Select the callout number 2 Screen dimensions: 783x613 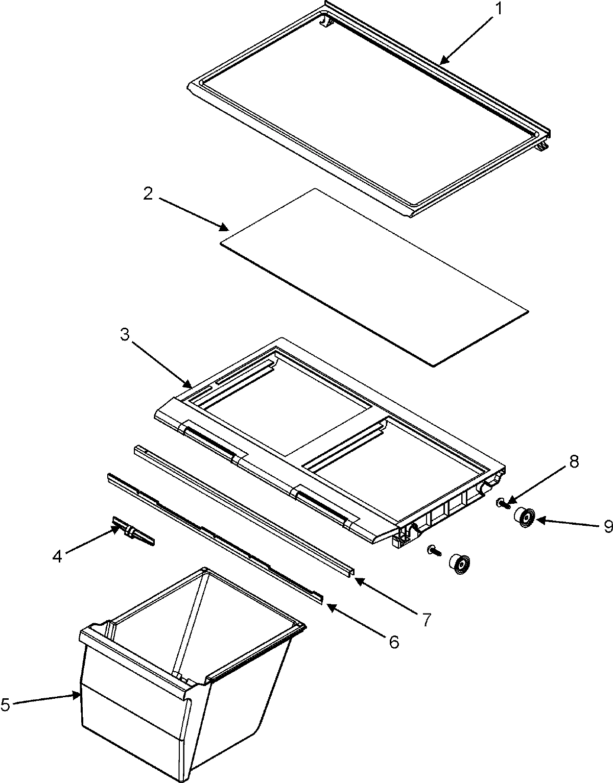(x=148, y=194)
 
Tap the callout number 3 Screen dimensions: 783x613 (x=125, y=335)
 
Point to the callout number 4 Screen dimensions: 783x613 (x=58, y=556)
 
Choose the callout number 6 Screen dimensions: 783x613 (x=394, y=642)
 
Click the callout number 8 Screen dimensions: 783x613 (x=574, y=461)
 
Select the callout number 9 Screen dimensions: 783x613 (x=608, y=526)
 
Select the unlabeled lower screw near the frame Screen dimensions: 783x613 (x=433, y=550)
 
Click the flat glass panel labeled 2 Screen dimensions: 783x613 (x=373, y=276)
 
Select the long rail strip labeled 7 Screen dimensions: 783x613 (x=240, y=508)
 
